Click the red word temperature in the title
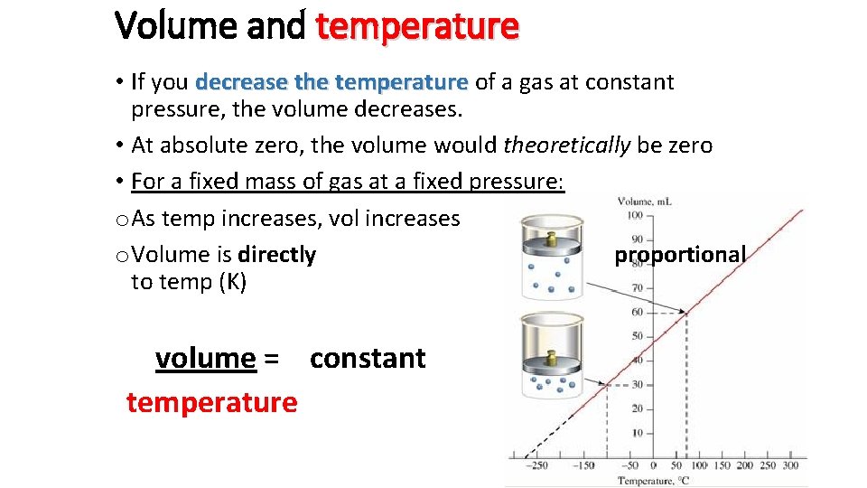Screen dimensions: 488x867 point(417,26)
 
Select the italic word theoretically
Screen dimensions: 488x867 point(566,145)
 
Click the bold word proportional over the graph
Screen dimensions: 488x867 point(680,255)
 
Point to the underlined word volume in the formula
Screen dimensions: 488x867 point(205,359)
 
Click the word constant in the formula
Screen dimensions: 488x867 point(367,359)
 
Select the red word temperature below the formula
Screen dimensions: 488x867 point(211,402)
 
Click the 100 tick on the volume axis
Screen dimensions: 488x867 point(634,215)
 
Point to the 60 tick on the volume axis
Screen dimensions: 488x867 point(637,312)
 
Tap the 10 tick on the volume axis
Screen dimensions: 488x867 point(637,433)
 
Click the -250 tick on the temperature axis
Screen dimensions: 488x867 point(539,465)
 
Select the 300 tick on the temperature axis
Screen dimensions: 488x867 point(791,465)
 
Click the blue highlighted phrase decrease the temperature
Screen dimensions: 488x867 point(331,82)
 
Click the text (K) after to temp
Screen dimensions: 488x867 point(232,282)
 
